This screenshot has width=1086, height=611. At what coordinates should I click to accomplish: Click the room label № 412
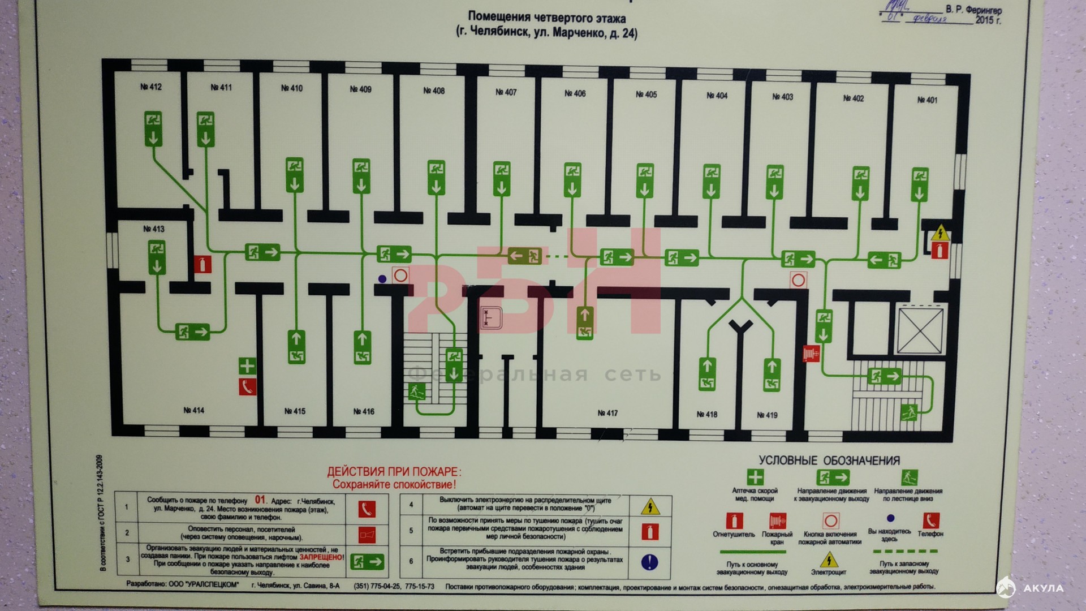[x=151, y=87]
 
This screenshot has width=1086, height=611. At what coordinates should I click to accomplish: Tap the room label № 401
[x=927, y=100]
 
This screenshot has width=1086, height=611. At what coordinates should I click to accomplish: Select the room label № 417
[x=607, y=413]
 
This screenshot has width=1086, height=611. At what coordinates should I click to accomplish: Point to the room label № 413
[x=153, y=229]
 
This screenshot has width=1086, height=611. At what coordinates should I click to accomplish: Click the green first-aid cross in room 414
[x=247, y=365]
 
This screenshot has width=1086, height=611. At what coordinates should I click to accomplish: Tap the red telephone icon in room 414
[x=247, y=387]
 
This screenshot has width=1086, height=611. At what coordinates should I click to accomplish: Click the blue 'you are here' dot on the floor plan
[x=382, y=279]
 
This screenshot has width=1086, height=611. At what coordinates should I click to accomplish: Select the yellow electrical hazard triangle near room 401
[x=940, y=233]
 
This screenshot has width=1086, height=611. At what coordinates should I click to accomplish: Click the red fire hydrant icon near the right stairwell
[x=811, y=354]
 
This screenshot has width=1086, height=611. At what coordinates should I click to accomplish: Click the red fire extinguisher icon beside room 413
[x=202, y=264]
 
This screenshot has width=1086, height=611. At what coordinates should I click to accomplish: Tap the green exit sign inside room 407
[x=502, y=179]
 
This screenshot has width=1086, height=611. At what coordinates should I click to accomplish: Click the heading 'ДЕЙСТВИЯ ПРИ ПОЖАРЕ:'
[x=394, y=472]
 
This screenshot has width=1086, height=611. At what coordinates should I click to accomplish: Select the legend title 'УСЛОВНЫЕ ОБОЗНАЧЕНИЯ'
[x=829, y=461]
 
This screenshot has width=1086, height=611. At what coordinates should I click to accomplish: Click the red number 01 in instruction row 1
[x=260, y=500]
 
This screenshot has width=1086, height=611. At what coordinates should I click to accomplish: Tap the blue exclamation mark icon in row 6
[x=649, y=562]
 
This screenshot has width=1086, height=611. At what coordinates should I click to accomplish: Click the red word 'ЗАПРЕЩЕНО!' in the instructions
[x=321, y=557]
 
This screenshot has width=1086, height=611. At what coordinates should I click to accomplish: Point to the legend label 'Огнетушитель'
[x=734, y=535]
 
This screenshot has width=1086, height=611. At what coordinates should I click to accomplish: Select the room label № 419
[x=767, y=415]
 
